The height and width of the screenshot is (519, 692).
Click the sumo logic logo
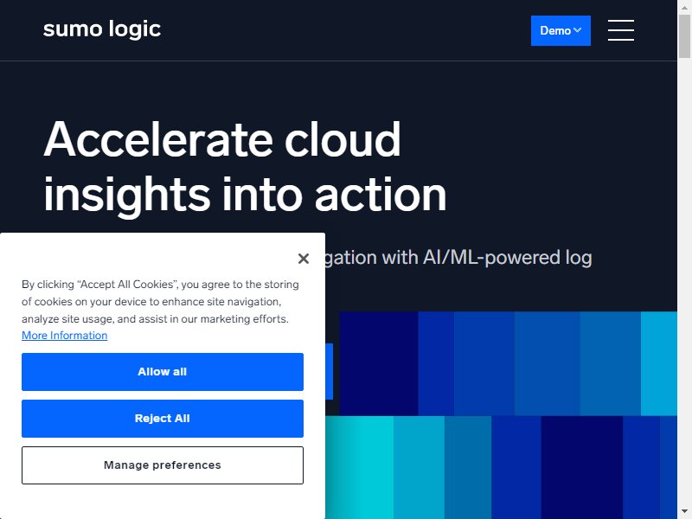point(102,29)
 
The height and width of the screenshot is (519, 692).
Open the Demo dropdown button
point(561,30)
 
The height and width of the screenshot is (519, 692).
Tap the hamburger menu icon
point(620,30)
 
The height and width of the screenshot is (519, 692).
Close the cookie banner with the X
point(304,258)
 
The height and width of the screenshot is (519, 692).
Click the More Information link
point(64,336)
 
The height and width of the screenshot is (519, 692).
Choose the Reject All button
point(163,419)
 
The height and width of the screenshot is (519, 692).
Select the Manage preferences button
point(163,465)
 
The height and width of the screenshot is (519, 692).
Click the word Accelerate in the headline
point(158,139)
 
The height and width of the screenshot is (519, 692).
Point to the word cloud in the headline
point(343,139)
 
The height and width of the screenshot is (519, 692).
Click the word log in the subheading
point(579,258)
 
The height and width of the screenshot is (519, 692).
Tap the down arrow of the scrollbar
point(684,512)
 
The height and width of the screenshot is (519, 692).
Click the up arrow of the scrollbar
point(684,7)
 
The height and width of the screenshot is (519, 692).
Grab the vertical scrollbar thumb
point(684,35)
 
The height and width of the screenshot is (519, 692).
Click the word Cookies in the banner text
point(154,285)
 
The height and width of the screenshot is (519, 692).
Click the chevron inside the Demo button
point(577,30)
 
